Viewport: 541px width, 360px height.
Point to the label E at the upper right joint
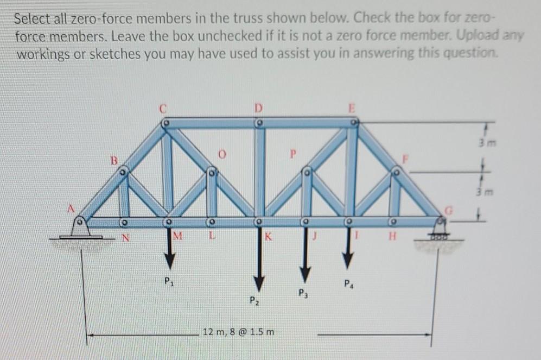pos(351,108)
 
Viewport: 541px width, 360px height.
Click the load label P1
pos(168,282)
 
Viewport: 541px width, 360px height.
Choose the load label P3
pos(302,294)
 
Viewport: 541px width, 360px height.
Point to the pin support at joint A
pos(81,228)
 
